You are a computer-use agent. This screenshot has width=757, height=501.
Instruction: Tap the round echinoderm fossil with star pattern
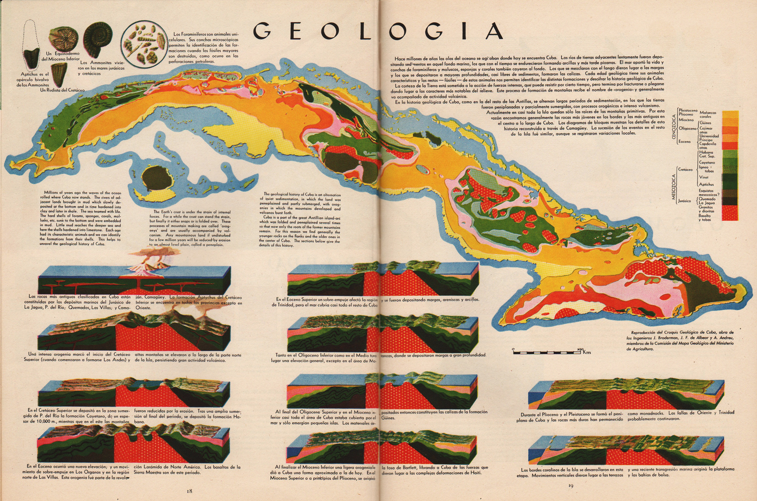tap(63, 40)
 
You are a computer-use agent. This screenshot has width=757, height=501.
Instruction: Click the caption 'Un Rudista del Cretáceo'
tap(62, 90)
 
